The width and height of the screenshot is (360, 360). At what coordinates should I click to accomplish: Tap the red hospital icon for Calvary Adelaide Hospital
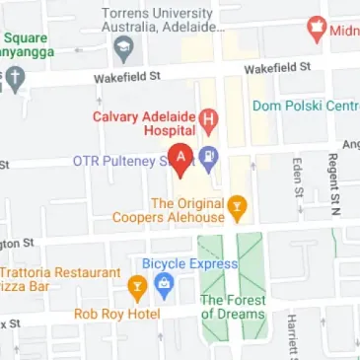[x=208, y=121]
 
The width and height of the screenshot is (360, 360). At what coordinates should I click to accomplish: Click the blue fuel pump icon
[x=209, y=156]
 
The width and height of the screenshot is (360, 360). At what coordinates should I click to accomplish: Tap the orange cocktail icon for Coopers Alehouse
[x=236, y=205]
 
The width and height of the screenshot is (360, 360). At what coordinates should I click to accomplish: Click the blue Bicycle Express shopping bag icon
[x=164, y=287]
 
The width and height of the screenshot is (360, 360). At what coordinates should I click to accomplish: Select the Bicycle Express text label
[x=190, y=264]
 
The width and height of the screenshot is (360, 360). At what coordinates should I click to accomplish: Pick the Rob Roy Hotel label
[x=117, y=315]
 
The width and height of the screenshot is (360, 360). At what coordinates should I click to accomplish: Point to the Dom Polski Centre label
[x=305, y=105]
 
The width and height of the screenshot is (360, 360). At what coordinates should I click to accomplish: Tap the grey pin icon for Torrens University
[x=123, y=47]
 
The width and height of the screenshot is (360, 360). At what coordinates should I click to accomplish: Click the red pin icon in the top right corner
[x=318, y=28]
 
